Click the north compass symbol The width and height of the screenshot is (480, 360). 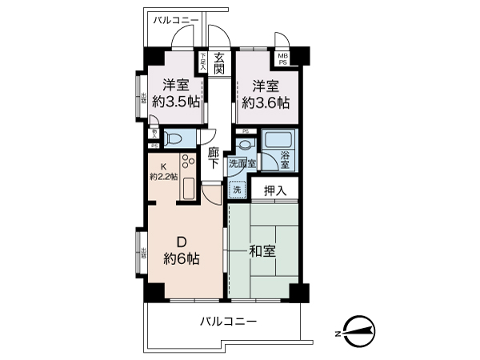pos(357,330)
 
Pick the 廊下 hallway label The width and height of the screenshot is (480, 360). pos(213,158)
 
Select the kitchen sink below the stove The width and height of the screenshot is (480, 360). pos(189,189)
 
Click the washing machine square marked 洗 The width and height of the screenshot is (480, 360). pos(237,190)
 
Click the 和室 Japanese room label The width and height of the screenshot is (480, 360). pos(262,251)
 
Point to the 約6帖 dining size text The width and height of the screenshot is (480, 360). pos(182,259)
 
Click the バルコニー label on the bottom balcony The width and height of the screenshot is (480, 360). pos(228,321)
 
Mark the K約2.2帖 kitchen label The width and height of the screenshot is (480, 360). pos(163,172)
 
